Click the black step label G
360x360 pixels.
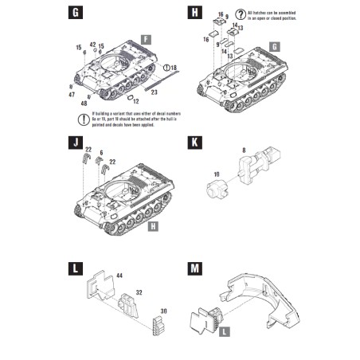pyautogui.click(x=76, y=14)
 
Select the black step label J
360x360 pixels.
pyautogui.click(x=76, y=143)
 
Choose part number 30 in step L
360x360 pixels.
pyautogui.click(x=163, y=311)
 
